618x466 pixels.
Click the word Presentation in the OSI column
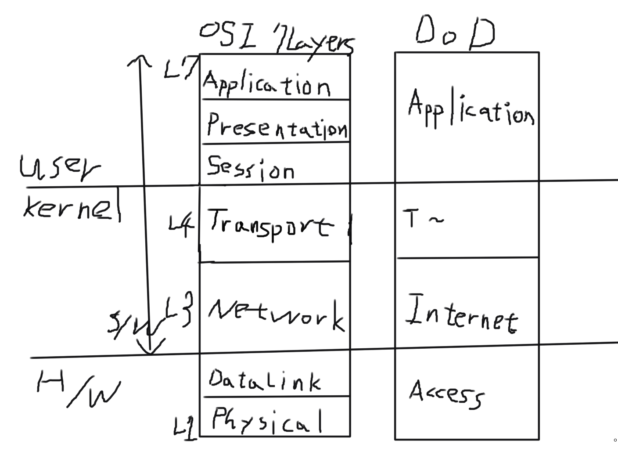coord(277,126)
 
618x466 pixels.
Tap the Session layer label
coord(250,168)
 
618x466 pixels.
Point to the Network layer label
coord(276,315)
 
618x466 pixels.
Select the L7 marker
coord(178,69)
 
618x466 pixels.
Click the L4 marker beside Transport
coord(181,226)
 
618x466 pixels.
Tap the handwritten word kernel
coord(72,207)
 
